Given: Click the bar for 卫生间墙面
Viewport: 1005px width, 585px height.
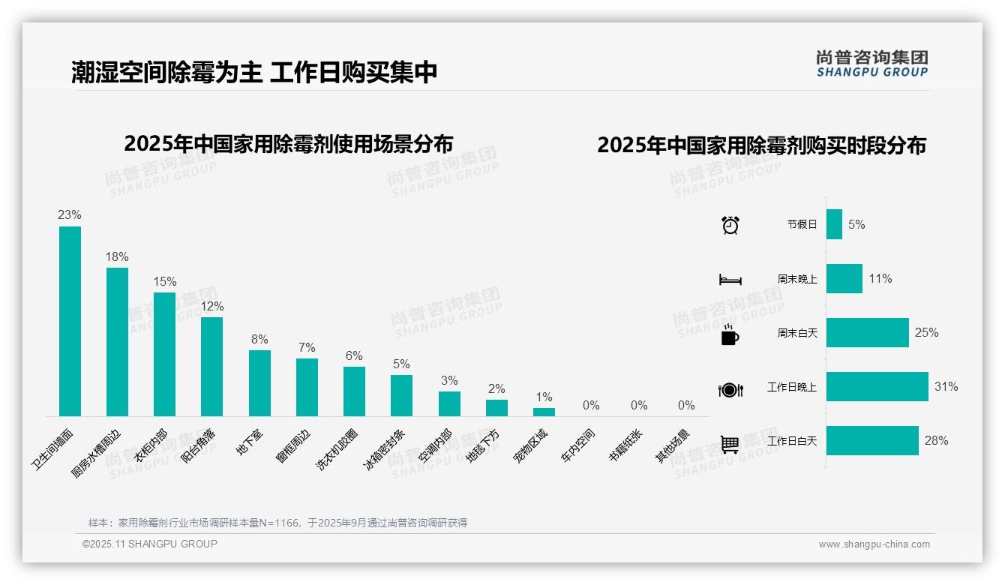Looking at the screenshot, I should tap(70, 321).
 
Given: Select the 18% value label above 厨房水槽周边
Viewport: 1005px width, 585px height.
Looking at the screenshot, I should tap(117, 256).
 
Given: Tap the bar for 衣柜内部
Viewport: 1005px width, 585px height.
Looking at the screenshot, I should tap(164, 354).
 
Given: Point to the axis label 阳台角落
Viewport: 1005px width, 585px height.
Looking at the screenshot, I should tap(198, 446).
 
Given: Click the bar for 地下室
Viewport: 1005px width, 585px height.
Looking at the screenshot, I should tap(259, 382).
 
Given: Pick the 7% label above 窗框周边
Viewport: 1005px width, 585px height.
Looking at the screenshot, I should tap(306, 347).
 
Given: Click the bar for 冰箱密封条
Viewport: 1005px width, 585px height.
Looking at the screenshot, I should tap(401, 395).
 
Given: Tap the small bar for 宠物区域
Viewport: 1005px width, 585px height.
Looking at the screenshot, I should tap(544, 412).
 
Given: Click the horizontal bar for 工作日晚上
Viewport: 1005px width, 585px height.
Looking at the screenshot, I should tap(877, 387).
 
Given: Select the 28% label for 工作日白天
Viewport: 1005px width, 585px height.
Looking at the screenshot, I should tap(936, 441).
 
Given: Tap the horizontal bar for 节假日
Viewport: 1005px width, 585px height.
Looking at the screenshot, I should tap(834, 224).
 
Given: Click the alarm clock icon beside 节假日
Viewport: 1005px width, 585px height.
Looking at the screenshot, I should tap(730, 225).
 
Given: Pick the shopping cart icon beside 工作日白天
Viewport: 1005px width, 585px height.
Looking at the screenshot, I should tap(730, 444).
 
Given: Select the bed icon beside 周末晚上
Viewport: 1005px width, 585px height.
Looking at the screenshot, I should tap(730, 280).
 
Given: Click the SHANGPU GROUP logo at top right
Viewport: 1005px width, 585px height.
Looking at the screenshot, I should tap(871, 64).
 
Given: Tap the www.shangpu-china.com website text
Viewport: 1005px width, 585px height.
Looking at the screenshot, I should tap(874, 544).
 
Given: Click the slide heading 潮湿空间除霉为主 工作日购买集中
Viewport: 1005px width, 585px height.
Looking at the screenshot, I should tap(254, 73).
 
